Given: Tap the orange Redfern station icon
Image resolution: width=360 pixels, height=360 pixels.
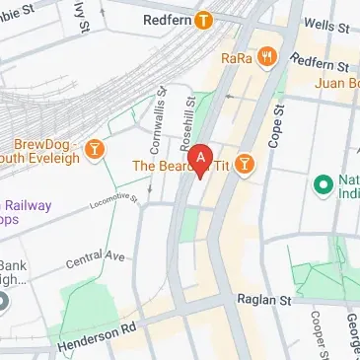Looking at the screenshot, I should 204,19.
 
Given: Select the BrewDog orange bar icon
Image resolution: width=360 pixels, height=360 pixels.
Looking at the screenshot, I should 95,148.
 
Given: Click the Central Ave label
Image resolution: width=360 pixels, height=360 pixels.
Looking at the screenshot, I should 96,259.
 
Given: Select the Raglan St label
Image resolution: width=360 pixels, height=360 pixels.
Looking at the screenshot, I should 260,297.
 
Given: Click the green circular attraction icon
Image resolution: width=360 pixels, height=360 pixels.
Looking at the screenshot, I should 322,184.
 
